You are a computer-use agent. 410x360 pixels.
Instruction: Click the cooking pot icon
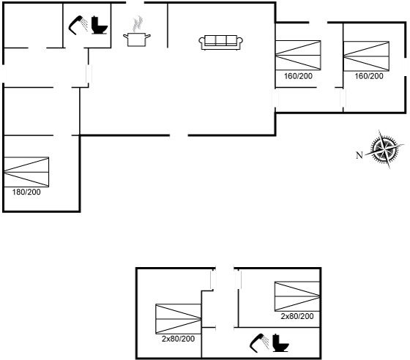(137, 40)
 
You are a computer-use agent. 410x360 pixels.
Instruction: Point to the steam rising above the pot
(138, 23)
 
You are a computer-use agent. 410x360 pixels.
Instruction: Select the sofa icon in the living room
(220, 42)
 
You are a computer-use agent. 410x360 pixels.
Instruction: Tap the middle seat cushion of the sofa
(220, 40)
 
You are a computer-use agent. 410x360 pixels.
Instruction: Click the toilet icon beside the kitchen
(100, 26)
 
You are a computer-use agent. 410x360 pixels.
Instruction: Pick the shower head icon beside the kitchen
(78, 25)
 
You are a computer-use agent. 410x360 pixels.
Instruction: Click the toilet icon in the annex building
(280, 343)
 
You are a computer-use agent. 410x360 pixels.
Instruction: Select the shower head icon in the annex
(259, 343)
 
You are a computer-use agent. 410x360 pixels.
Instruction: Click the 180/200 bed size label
(26, 192)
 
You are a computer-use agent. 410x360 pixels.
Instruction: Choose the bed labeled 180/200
(26, 172)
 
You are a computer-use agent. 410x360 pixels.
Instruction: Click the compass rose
(384, 149)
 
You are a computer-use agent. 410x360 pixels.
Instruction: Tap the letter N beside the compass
(359, 155)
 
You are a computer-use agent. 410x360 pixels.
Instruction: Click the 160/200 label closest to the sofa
(298, 76)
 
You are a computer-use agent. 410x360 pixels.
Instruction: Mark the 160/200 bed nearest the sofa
(298, 56)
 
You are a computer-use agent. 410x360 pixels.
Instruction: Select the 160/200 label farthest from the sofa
(369, 76)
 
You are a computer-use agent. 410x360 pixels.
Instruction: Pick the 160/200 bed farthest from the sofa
(366, 56)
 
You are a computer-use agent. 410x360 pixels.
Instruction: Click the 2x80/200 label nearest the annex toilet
(297, 316)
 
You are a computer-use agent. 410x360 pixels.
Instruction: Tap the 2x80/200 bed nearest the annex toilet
(297, 296)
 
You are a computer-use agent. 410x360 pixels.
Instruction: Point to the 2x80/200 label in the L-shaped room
(178, 339)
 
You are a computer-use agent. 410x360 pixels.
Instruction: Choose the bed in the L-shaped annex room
(179, 319)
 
